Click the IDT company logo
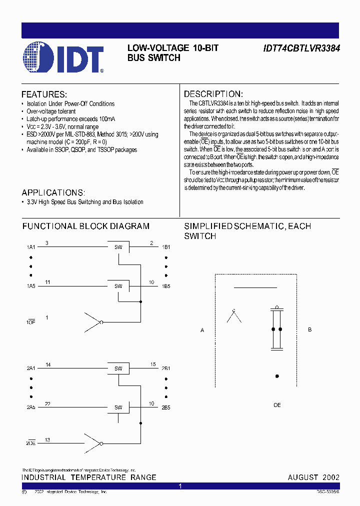point(62,59)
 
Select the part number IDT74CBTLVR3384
point(301,49)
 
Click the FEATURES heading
point(44,94)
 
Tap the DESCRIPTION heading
point(213,94)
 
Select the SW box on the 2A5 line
point(118,407)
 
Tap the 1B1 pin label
point(166,247)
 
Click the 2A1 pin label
point(31,368)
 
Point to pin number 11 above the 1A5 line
point(47,282)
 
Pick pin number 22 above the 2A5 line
point(47,403)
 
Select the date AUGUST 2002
point(313,477)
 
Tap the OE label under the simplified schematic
point(277,405)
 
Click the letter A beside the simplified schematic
point(202,330)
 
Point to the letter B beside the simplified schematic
point(310,330)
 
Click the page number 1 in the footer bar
point(180,486)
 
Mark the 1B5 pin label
point(166,286)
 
